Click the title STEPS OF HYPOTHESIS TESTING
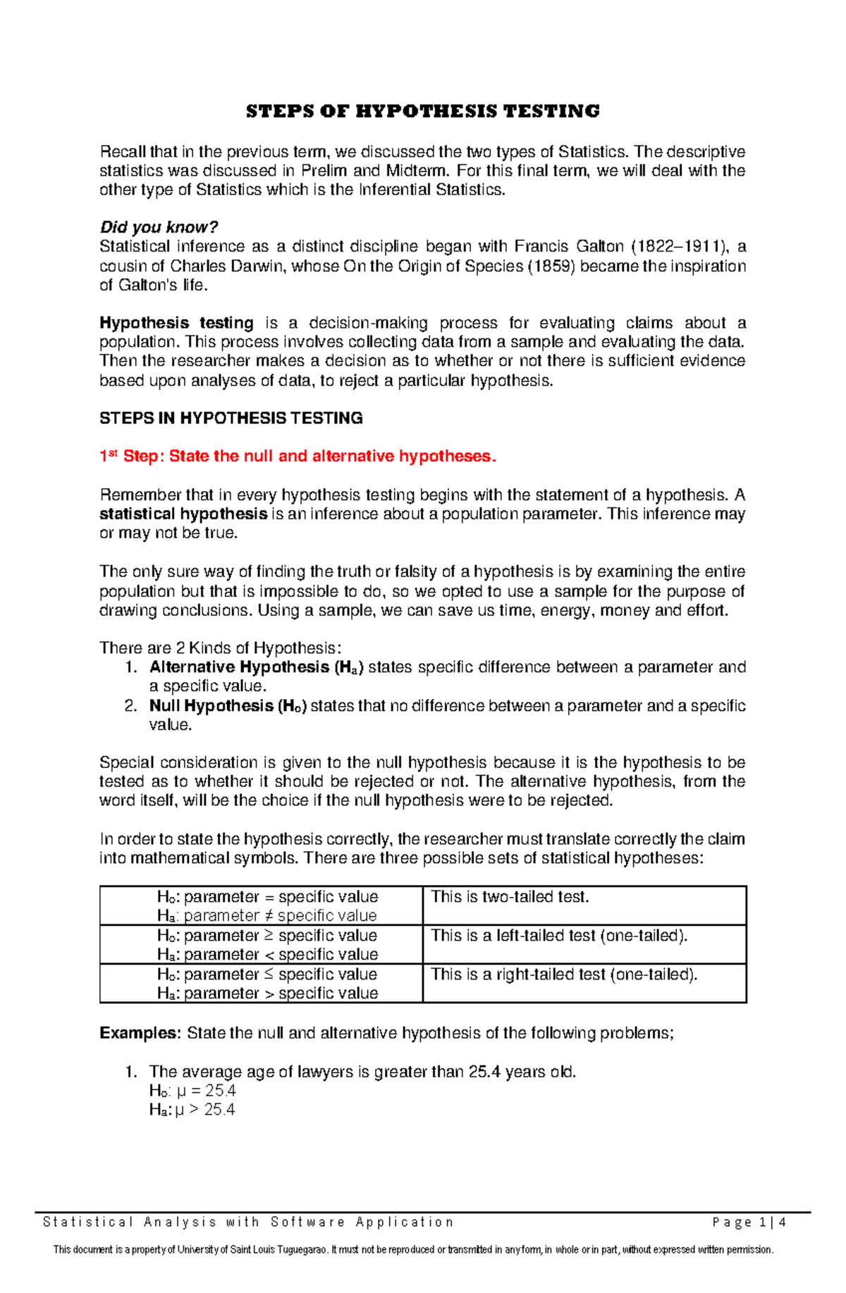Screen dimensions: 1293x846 click(x=422, y=111)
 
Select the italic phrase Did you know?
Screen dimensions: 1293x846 click(x=159, y=228)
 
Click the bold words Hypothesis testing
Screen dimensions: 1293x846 click(x=176, y=323)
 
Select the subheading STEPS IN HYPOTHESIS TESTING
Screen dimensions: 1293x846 click(x=231, y=419)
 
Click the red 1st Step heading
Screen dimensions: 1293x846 click(x=298, y=457)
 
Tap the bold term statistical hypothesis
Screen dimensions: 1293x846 click(x=183, y=514)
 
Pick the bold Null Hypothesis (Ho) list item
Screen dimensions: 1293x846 click(x=228, y=706)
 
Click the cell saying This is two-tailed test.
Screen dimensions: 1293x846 click(x=510, y=897)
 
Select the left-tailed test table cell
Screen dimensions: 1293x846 click(x=558, y=936)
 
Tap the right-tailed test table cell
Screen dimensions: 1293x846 click(x=563, y=975)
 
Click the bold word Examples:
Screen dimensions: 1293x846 click(x=140, y=1034)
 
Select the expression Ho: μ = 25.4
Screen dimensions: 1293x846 click(x=192, y=1091)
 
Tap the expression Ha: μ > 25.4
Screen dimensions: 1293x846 click(x=192, y=1111)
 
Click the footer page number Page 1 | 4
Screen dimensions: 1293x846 click(x=749, y=1223)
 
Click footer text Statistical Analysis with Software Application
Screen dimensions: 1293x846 click(x=248, y=1223)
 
